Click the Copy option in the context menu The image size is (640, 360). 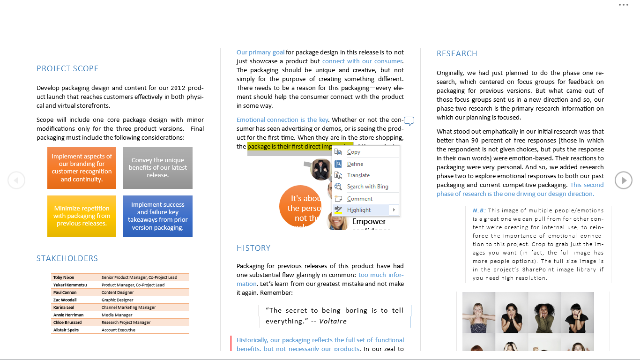(354, 152)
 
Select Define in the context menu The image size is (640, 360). (355, 164)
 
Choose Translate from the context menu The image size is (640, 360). (358, 175)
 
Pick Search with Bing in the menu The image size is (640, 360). (367, 187)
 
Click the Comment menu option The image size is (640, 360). (359, 199)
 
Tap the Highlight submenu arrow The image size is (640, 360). (394, 210)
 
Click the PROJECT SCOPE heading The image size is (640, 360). (67, 69)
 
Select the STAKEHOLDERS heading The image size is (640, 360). (67, 259)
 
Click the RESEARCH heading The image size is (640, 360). (457, 54)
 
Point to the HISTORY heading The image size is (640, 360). (253, 248)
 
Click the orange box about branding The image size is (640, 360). (82, 168)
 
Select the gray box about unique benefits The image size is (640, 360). (158, 168)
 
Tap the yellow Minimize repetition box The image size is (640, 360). (82, 216)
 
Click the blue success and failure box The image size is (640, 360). (158, 216)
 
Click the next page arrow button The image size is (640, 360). (624, 180)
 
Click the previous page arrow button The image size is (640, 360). (16, 180)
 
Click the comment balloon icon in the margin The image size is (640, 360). (409, 121)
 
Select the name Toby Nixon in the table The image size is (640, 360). (64, 277)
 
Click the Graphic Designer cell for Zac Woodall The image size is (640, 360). (118, 300)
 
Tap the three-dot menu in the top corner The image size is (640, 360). (623, 5)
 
